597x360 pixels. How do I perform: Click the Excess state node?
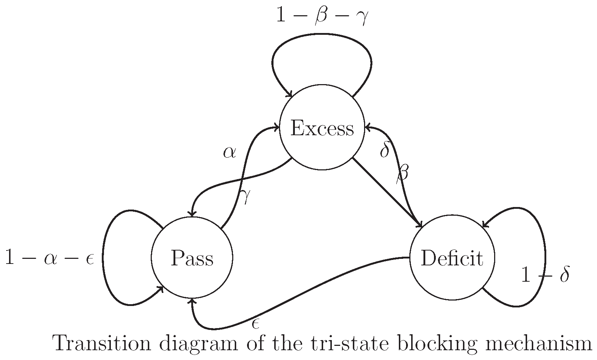click(322, 128)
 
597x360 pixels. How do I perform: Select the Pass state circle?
click(192, 258)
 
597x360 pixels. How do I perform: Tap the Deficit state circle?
click(452, 258)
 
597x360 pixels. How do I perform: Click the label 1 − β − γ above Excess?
click(322, 17)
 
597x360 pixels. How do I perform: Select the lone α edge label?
click(229, 153)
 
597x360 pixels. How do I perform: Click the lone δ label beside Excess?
click(384, 150)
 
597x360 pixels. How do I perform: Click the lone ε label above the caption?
click(255, 323)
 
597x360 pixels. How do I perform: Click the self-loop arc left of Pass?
click(103, 258)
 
